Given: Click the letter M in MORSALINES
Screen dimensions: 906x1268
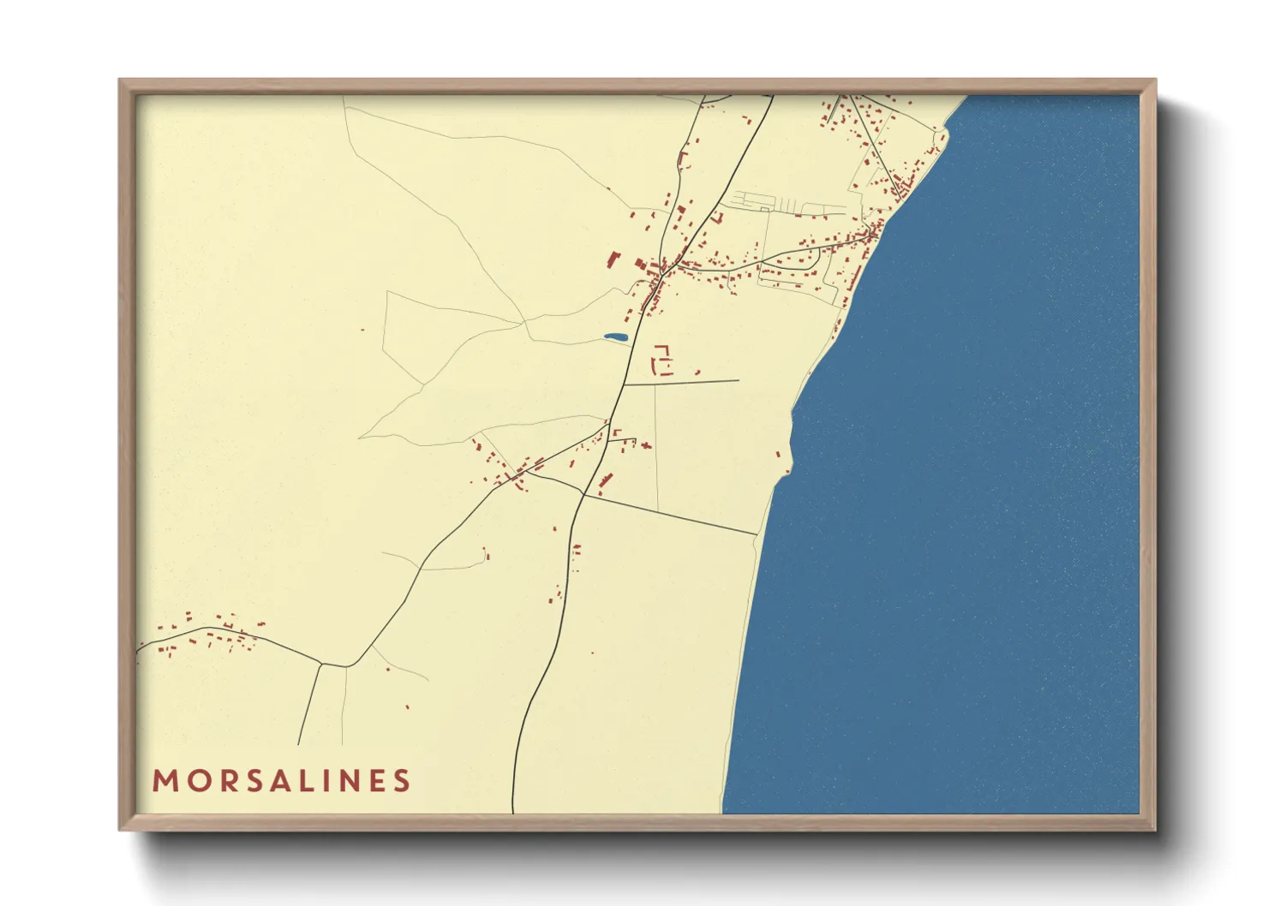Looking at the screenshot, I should [x=164, y=781].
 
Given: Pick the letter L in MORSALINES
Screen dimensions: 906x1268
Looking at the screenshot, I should [x=304, y=781].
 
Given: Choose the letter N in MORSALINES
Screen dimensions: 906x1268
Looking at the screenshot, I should [x=347, y=781].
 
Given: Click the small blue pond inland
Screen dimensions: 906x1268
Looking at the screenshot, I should [x=614, y=337].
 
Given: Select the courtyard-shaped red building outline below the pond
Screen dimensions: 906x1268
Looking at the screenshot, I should [x=662, y=359].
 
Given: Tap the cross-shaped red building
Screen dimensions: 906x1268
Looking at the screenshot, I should [x=645, y=444].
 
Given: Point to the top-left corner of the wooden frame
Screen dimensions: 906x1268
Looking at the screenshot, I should [x=120, y=80].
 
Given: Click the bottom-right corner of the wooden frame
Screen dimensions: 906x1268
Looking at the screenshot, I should [x=1156, y=830].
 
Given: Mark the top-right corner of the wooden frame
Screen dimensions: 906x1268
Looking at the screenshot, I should [x=1156, y=80].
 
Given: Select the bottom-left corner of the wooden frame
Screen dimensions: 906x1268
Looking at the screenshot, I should [x=120, y=830].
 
